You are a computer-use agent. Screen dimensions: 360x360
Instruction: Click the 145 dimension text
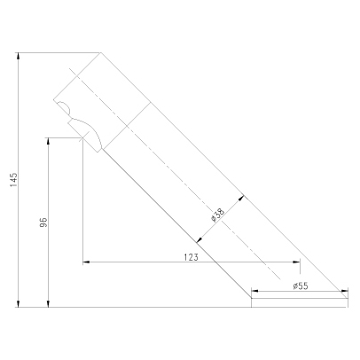pos(14,180)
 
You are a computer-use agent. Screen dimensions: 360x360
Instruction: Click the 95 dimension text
pos(43,223)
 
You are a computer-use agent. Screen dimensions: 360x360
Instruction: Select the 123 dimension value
pos(191,257)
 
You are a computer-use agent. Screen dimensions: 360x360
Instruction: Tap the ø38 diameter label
pos(218,215)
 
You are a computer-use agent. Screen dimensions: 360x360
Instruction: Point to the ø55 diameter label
pos(301,286)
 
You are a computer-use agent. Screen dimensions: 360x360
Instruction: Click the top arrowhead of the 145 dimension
pos(19,56)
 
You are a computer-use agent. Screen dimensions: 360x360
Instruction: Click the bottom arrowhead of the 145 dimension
pos(19,303)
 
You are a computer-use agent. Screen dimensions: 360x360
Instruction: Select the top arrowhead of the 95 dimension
pos(49,141)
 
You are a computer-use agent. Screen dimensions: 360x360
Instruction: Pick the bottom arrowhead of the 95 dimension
pos(49,303)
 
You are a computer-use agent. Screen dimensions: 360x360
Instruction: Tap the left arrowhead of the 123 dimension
pos(86,262)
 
